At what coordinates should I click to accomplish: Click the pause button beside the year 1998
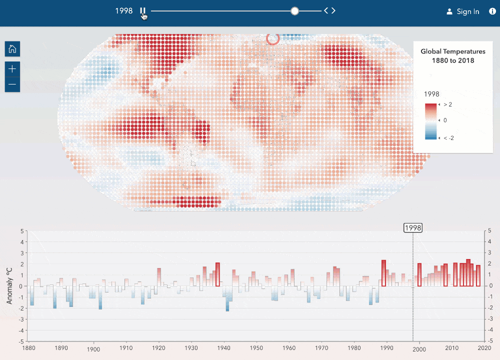pyautogui.click(x=142, y=11)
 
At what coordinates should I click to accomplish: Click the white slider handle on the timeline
pyautogui.click(x=294, y=11)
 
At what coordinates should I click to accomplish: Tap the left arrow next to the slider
pyautogui.click(x=326, y=10)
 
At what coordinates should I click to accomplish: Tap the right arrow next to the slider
pyautogui.click(x=333, y=10)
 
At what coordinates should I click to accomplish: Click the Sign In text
pyautogui.click(x=467, y=11)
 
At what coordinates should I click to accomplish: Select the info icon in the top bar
pyautogui.click(x=492, y=11)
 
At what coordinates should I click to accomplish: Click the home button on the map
pyautogui.click(x=12, y=49)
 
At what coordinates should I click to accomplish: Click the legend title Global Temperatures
pyautogui.click(x=452, y=51)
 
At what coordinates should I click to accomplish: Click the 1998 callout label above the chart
pyautogui.click(x=413, y=227)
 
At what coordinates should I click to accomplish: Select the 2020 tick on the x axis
pyautogui.click(x=484, y=347)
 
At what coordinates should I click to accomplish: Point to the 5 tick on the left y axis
pyautogui.click(x=22, y=231)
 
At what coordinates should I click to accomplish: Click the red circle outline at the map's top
pyautogui.click(x=272, y=38)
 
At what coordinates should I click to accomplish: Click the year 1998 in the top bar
pyautogui.click(x=124, y=11)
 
